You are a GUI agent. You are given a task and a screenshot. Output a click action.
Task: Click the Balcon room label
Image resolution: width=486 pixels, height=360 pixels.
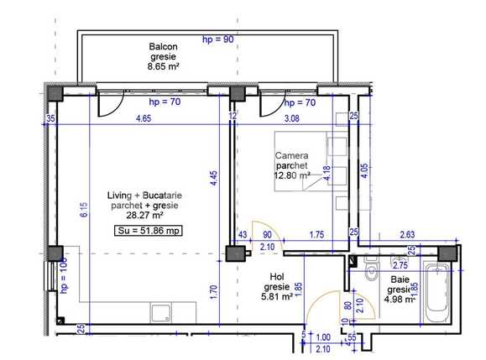click(x=164, y=46)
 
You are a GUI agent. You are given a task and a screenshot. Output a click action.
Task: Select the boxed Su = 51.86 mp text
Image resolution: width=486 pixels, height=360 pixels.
click(x=148, y=229)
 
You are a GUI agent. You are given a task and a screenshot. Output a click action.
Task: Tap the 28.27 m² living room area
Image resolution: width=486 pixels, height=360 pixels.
click(x=140, y=216)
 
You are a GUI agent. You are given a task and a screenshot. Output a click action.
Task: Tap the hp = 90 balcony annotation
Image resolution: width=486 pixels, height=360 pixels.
click(x=218, y=39)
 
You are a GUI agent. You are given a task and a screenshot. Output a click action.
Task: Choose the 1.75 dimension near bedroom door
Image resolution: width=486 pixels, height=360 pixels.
click(x=316, y=234)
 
